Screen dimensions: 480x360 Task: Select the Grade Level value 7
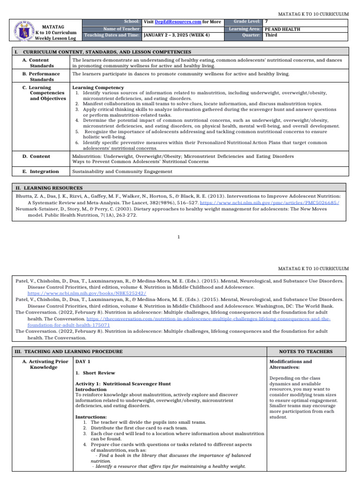267,22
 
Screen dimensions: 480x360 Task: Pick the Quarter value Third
271,35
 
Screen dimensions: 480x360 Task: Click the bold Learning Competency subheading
98,88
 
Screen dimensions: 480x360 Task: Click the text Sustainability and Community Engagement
122,172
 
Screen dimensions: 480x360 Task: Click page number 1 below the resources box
179,237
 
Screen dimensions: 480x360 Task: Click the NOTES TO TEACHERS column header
306,352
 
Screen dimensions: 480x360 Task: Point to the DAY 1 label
83,362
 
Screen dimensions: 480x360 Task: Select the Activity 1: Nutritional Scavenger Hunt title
123,383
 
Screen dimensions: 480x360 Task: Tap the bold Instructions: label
91,417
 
